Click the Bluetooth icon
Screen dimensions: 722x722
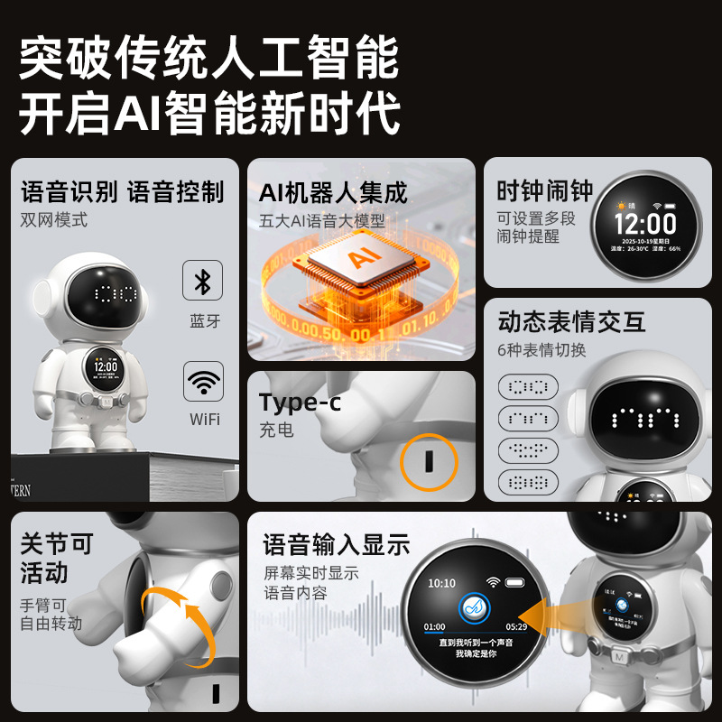[x=202, y=281]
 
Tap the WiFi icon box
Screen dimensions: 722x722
[x=202, y=382]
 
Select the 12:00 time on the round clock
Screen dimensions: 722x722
[x=645, y=223]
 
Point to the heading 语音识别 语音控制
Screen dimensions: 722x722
[x=123, y=191]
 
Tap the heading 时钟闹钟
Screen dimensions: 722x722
[x=545, y=191]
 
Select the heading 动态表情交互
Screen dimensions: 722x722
[x=571, y=321]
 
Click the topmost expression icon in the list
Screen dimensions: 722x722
[x=528, y=387]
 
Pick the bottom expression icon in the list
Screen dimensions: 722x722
[x=528, y=483]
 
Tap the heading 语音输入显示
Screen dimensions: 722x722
[x=337, y=545]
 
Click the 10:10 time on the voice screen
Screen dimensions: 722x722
[x=442, y=583]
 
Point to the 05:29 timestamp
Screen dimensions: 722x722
[x=516, y=625]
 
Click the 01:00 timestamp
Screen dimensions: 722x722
[x=435, y=625]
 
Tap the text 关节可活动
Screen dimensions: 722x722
[x=57, y=559]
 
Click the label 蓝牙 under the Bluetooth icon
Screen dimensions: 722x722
[x=204, y=321]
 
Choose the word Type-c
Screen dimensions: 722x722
[x=300, y=402]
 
